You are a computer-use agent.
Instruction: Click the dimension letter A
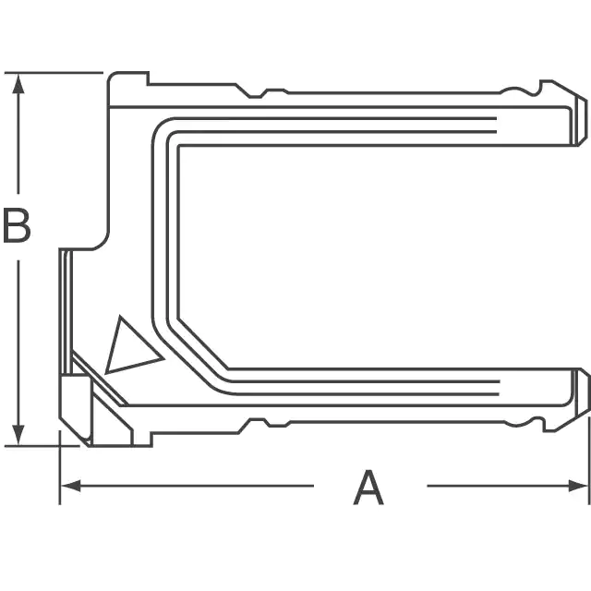368,487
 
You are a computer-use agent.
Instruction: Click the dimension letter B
17,225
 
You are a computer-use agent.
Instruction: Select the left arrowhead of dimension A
70,486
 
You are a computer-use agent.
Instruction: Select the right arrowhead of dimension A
578,486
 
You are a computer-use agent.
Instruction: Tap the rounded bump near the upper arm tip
520,90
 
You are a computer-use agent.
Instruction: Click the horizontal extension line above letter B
54,72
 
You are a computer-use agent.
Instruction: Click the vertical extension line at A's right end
589,460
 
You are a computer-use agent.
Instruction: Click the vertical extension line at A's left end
59,467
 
